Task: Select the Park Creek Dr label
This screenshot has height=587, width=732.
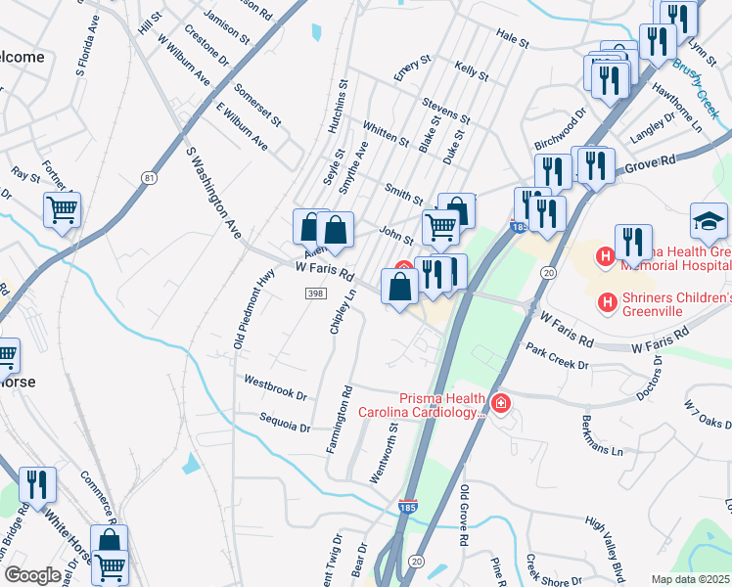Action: coord(557,357)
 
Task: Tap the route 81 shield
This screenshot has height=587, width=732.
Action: coord(149,177)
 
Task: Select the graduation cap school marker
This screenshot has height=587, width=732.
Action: coord(709,220)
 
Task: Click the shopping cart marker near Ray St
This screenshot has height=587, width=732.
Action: coord(62,208)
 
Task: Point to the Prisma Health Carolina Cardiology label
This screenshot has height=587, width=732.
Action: coord(440,405)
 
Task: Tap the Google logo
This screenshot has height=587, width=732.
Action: coord(32,575)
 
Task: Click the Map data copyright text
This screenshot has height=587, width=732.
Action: coord(691,579)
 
